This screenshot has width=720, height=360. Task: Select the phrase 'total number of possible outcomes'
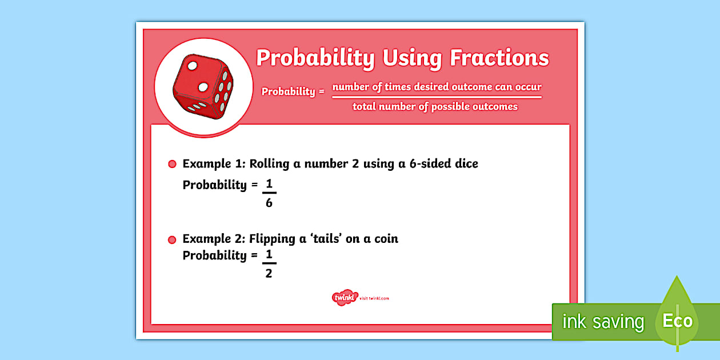[435, 106]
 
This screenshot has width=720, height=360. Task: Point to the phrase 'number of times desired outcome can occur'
[437, 87]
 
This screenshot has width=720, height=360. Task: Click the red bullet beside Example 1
[172, 165]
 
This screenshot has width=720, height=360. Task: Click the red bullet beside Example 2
[172, 239]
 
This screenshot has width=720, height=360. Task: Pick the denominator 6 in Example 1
[269, 203]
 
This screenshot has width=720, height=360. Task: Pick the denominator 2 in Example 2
[269, 274]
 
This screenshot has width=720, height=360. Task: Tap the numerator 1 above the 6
[269, 184]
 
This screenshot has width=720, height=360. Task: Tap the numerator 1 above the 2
[269, 255]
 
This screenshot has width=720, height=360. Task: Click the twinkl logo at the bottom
[343, 298]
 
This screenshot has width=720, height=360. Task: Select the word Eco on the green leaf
[677, 321]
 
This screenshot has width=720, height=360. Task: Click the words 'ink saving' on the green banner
[603, 322]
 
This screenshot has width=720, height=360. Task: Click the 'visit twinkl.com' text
[375, 298]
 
